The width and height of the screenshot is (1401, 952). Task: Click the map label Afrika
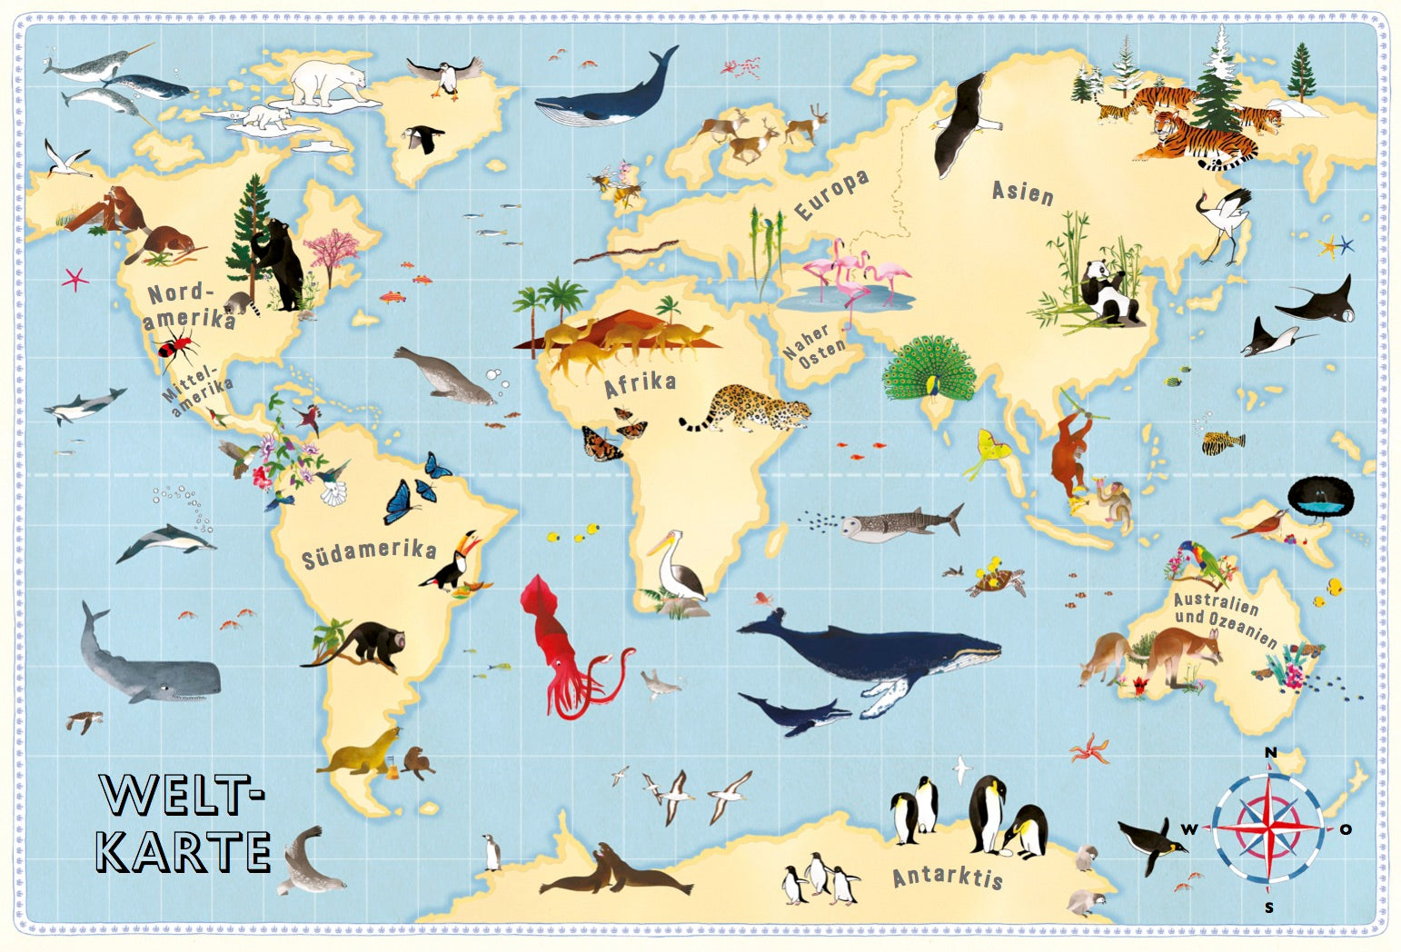pyautogui.click(x=641, y=384)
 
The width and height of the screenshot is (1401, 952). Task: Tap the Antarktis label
pyautogui.click(x=948, y=877)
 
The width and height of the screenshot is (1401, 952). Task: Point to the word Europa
pyautogui.click(x=831, y=194)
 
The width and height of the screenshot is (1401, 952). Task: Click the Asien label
pyautogui.click(x=1022, y=192)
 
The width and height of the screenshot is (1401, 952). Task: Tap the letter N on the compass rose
pyautogui.click(x=1271, y=752)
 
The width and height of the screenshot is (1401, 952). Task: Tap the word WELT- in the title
pyautogui.click(x=182, y=795)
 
